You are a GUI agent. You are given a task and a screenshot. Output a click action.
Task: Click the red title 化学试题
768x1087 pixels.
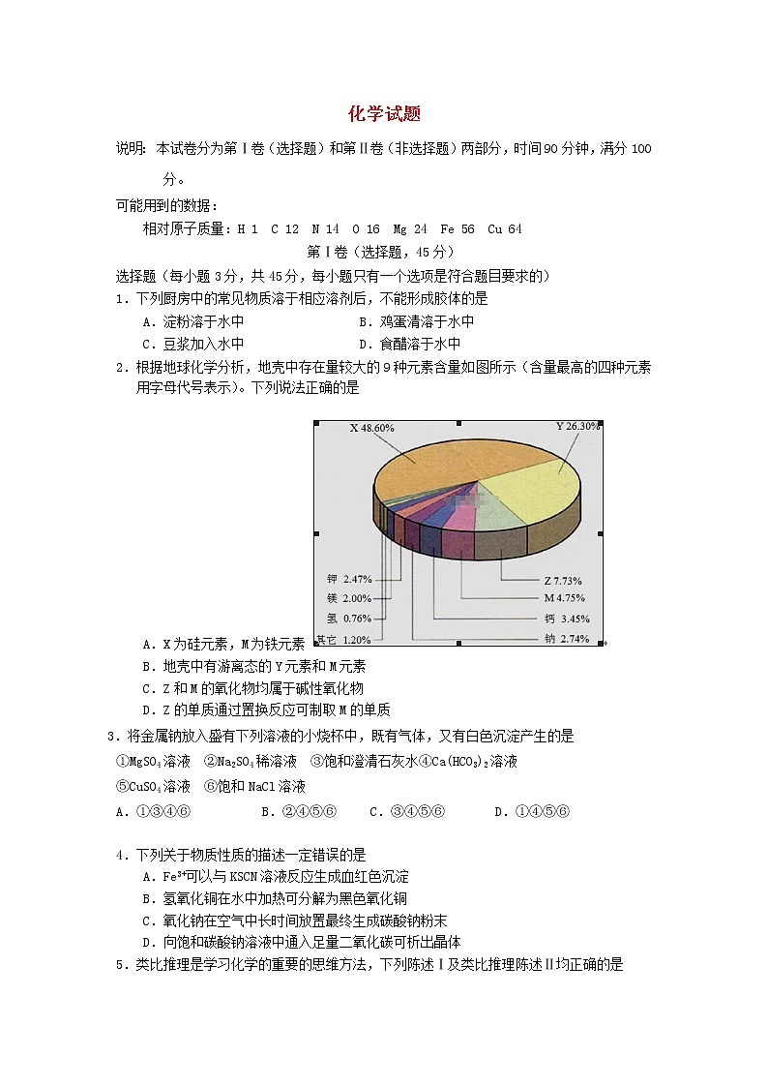384,114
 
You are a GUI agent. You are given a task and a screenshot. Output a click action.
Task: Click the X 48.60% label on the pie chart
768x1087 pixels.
371,428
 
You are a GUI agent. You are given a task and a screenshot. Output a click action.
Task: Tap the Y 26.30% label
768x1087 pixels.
577,426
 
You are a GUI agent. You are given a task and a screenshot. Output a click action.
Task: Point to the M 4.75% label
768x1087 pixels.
563,598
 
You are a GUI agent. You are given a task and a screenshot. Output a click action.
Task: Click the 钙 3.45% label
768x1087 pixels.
567,618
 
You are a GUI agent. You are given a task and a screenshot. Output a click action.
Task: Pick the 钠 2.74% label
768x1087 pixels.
567,638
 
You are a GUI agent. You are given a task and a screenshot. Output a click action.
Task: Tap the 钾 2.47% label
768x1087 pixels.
349,579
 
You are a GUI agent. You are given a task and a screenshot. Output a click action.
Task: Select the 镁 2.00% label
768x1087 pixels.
349,598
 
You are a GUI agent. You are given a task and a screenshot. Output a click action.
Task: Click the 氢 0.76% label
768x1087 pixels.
349,619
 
